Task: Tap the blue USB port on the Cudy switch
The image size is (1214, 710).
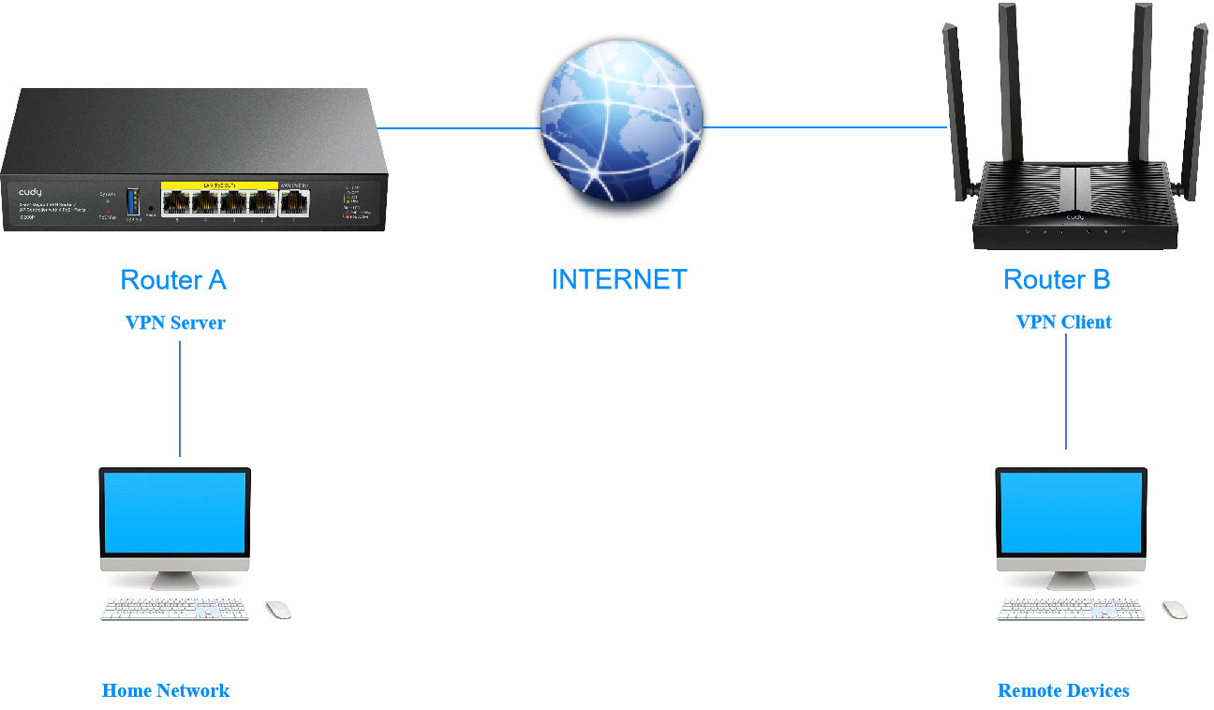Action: coord(132,201)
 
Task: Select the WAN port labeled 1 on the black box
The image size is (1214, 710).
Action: coord(294,201)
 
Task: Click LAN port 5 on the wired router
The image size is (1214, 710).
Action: coord(176,201)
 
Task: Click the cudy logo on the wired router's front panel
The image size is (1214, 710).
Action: coord(30,192)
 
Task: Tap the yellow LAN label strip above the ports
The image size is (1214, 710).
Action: coord(219,185)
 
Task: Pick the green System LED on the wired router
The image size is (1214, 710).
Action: coord(108,200)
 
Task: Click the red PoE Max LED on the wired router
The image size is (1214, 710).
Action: coord(108,212)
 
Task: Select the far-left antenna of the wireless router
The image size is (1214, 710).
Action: coord(956,103)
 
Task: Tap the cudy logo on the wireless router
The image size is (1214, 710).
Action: coord(1074,217)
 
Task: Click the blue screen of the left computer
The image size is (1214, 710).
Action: coord(175,511)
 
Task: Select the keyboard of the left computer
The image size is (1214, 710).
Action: coord(175,610)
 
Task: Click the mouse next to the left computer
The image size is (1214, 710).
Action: coord(278,610)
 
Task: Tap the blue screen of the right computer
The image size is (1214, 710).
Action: coord(1072,511)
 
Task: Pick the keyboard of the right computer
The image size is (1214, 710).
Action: coord(1072,610)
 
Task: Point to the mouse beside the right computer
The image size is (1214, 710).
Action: coord(1175,610)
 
